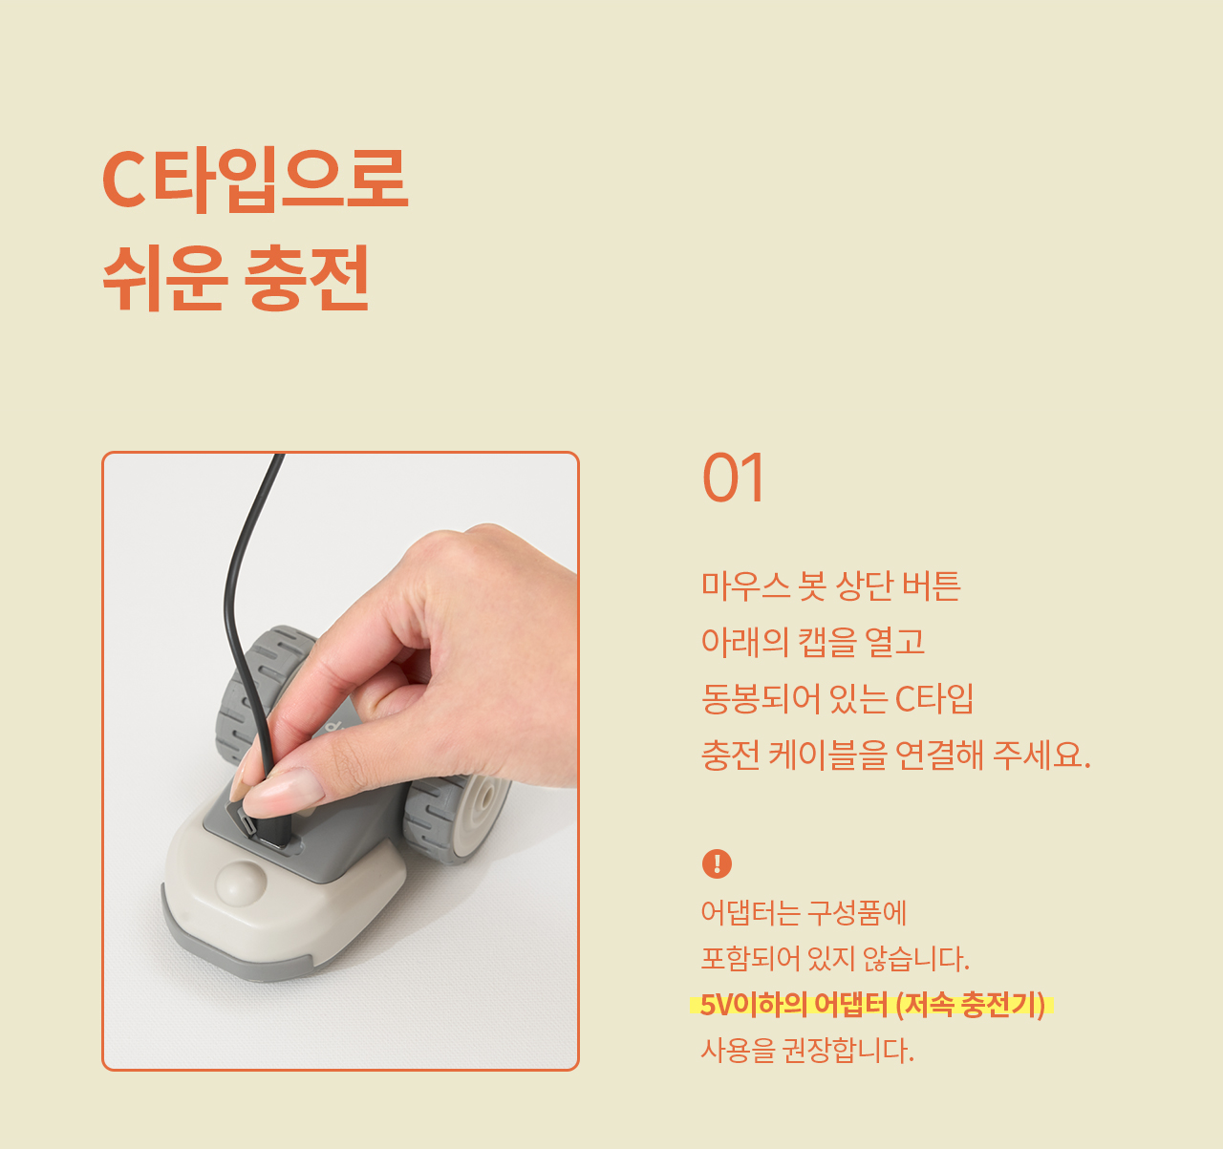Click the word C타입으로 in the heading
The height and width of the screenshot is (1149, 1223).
[x=255, y=181]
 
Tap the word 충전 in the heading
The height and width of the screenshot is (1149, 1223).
[x=307, y=277]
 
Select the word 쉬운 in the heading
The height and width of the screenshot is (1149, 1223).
[x=165, y=277]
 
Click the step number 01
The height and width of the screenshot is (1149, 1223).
[x=733, y=478]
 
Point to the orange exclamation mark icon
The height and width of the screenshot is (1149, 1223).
[x=717, y=863]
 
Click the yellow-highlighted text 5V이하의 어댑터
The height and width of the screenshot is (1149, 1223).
[x=794, y=1005]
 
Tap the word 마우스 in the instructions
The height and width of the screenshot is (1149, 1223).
[x=745, y=585]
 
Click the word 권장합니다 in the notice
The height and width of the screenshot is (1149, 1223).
[x=848, y=1051]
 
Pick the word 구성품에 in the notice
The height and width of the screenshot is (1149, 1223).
[x=856, y=912]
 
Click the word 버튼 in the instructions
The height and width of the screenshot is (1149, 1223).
[x=932, y=585]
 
